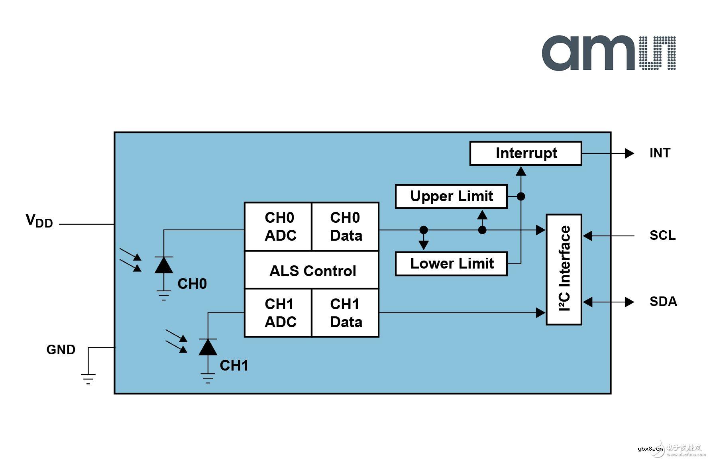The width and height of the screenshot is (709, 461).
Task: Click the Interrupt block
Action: coord(526,153)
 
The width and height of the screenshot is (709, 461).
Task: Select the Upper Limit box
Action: coord(451,196)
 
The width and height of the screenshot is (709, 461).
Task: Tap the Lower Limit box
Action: coord(451,264)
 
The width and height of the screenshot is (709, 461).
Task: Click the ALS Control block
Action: coord(312,271)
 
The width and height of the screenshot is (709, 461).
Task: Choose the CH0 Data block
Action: coord(345,227)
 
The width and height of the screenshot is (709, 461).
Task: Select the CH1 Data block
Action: coord(345,313)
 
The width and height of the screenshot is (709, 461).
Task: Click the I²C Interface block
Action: coord(564,270)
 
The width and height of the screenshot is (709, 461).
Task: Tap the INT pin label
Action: coord(660,153)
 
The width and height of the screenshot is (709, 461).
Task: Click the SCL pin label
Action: coord(662,235)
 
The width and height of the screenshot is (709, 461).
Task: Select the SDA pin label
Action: coord(663,302)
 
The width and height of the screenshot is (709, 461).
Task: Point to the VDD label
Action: coord(39,221)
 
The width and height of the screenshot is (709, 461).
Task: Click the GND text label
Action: coord(61,350)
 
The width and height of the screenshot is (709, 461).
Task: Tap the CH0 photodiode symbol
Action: coord(164,265)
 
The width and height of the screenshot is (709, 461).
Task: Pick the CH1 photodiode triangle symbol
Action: coord(208,347)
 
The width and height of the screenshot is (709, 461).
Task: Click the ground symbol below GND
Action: coord(88,379)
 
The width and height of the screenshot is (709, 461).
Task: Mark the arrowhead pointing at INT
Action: coord(629,153)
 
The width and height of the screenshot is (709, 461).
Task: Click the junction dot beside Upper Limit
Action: coord(521,196)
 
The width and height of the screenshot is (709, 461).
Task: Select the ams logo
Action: coord(608,53)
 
